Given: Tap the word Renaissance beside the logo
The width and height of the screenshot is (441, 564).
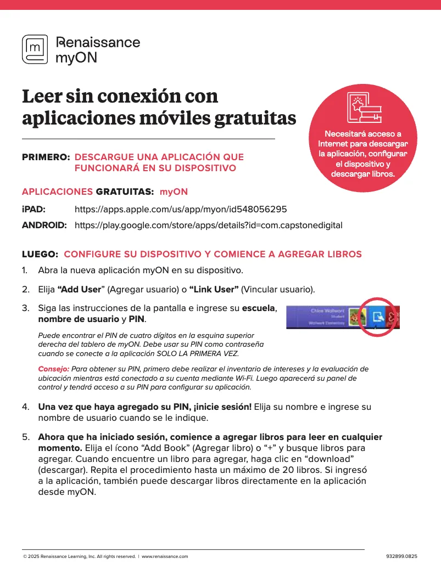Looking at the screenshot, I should tap(98, 42).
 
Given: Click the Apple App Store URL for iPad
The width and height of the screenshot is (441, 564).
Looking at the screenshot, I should tap(180, 210).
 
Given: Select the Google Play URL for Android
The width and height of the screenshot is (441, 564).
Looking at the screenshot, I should tap(208, 225).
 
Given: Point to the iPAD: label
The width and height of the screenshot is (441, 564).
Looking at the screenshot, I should tap(34, 210).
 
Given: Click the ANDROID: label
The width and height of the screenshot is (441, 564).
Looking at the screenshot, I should tap(44, 225).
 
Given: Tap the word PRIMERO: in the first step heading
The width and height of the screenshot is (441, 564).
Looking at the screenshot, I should tap(46, 157).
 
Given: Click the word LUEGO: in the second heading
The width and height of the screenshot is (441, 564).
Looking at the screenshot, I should tap(40, 254).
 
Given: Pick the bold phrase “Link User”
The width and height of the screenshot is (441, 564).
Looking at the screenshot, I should tap(214, 289).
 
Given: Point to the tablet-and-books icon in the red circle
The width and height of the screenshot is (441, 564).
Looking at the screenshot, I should tap(363, 108).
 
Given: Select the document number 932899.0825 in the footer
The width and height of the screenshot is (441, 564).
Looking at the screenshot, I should tap(402, 556).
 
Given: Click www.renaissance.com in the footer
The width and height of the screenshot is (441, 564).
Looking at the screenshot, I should tap(165, 556).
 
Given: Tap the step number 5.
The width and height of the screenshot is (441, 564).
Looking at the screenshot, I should tap(25, 437).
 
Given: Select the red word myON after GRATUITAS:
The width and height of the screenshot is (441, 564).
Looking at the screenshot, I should tap(174, 191).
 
